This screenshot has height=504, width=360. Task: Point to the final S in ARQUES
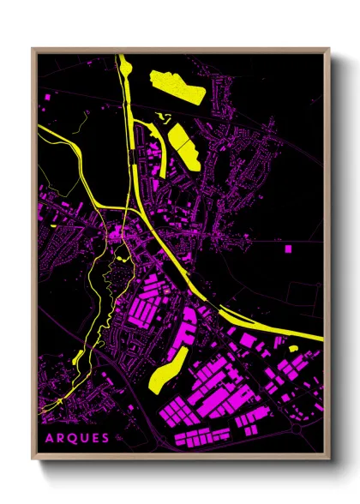click(x=105, y=438)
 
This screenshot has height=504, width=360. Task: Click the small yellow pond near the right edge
click(x=291, y=349)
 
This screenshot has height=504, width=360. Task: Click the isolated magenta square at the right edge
click(x=288, y=249)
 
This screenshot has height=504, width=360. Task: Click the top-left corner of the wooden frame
click(x=33, y=49)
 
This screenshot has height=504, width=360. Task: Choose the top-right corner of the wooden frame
click(x=329, y=49)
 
